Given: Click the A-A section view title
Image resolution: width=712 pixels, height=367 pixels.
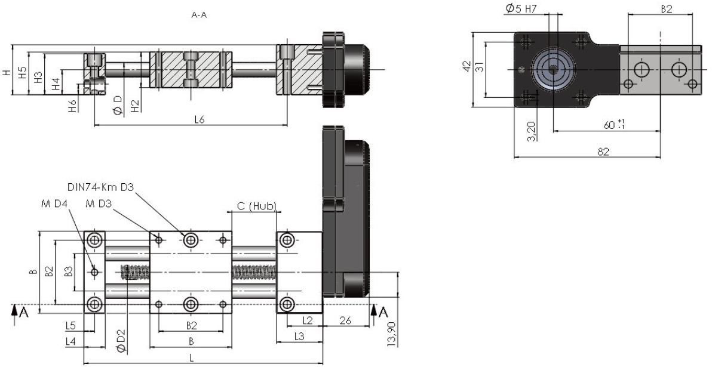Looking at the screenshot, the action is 200,15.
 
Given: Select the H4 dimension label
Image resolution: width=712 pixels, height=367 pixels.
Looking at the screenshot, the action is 56,84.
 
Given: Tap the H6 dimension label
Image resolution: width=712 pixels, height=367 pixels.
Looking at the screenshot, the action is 72,105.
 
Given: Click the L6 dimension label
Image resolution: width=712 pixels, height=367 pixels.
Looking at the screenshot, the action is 200,119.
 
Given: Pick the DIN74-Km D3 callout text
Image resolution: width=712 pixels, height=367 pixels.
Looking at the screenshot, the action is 100,187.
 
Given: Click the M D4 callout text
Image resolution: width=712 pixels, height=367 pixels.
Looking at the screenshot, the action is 54,203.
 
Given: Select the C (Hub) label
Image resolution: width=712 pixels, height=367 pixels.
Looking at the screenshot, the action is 257,206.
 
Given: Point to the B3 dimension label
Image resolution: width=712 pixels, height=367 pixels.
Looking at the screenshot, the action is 69,272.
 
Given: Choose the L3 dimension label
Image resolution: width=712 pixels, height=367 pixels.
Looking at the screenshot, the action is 299,336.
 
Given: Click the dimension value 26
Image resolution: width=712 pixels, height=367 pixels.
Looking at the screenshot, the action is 346,320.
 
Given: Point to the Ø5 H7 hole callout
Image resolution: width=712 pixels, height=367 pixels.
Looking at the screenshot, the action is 524,8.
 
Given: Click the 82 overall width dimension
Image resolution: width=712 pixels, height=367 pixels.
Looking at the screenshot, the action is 603,152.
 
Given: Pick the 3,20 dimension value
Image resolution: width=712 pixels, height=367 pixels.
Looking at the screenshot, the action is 532,131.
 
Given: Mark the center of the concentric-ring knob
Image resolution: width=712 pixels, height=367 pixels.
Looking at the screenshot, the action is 553,69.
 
